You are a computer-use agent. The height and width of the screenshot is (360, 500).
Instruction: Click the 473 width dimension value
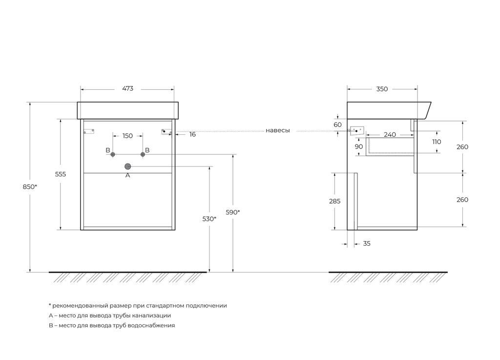pos(127,88)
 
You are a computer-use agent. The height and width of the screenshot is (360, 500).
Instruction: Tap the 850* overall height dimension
pos(30,187)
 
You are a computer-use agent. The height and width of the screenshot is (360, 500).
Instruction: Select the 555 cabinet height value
pos(60,174)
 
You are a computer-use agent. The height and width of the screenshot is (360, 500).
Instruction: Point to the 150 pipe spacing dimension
pos(127,136)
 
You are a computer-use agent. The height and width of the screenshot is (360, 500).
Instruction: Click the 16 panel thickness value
pos(192,134)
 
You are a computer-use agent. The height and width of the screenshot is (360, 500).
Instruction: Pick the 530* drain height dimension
pos(209,219)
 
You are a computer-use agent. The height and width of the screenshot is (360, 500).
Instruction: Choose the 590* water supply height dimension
pos(233,212)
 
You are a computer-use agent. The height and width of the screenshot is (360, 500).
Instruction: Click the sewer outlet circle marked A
pos(128,166)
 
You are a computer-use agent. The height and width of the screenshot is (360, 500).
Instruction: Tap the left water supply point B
pos(113,154)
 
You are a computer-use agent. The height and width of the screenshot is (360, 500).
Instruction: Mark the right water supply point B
pos(143,154)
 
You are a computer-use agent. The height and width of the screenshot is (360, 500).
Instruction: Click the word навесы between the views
pos(278,130)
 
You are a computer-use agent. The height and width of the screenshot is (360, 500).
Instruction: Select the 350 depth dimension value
pos(382,89)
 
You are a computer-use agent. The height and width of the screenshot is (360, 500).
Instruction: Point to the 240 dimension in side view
pos(390,135)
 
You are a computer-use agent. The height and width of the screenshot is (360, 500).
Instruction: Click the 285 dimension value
pos(335,201)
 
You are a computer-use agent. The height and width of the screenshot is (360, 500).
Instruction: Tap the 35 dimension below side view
pos(367,244)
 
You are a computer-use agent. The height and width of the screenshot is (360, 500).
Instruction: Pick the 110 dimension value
pos(437,142)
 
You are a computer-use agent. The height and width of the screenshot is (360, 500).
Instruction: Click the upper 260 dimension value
pos(462,147)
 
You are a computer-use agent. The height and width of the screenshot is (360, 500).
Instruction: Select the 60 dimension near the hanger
pos(337,125)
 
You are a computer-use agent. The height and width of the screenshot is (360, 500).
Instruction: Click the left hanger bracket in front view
pos(89,131)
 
